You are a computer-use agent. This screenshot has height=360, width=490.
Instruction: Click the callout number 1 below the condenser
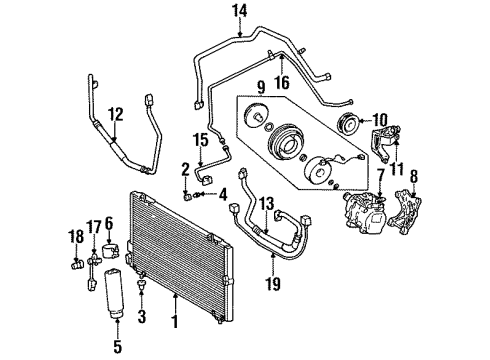(176, 322)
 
